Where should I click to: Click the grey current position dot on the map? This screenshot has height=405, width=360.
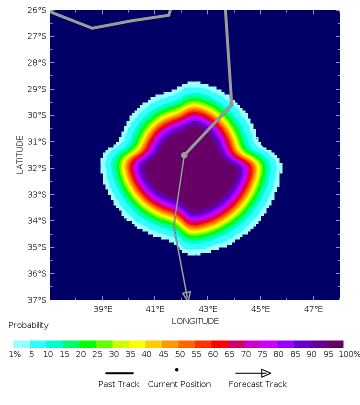tap(184, 155)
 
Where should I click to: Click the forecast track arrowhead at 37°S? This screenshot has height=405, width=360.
tap(187, 296)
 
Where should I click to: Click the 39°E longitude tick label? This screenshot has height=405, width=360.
tap(102, 309)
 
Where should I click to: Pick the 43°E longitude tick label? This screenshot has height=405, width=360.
tap(208, 309)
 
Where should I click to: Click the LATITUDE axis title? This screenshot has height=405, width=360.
tap(20, 154)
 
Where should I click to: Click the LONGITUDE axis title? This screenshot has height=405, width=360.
tap(195, 321)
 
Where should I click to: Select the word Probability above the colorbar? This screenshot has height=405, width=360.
tap(28, 325)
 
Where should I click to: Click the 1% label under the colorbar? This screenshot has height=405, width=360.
tap(14, 354)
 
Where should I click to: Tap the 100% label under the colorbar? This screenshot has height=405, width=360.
tap(349, 354)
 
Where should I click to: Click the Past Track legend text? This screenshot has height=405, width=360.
tap(119, 384)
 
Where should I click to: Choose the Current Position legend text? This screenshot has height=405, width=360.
tap(179, 384)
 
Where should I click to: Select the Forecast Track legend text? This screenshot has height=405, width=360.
tap(257, 384)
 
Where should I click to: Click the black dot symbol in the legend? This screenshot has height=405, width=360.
tap(176, 370)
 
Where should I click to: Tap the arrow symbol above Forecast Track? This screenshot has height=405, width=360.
tap(253, 373)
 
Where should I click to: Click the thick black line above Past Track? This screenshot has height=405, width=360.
tap(119, 373)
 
